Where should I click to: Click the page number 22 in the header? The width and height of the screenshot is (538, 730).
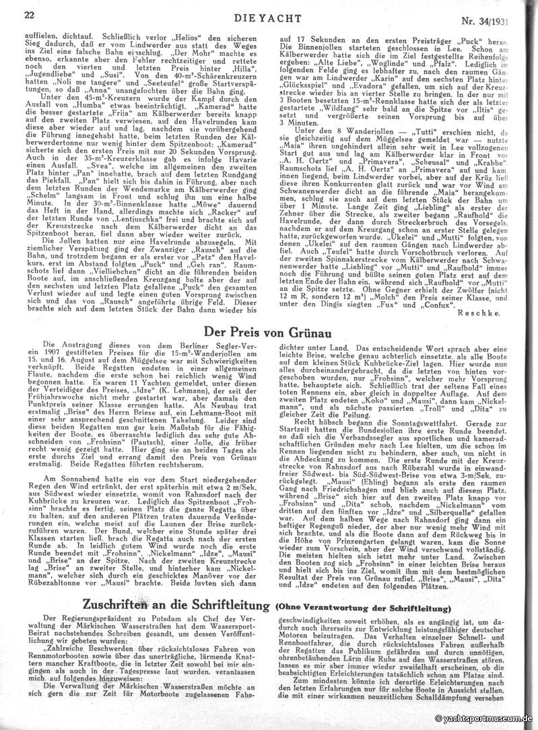30,14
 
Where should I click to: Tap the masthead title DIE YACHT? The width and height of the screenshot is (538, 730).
269,14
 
